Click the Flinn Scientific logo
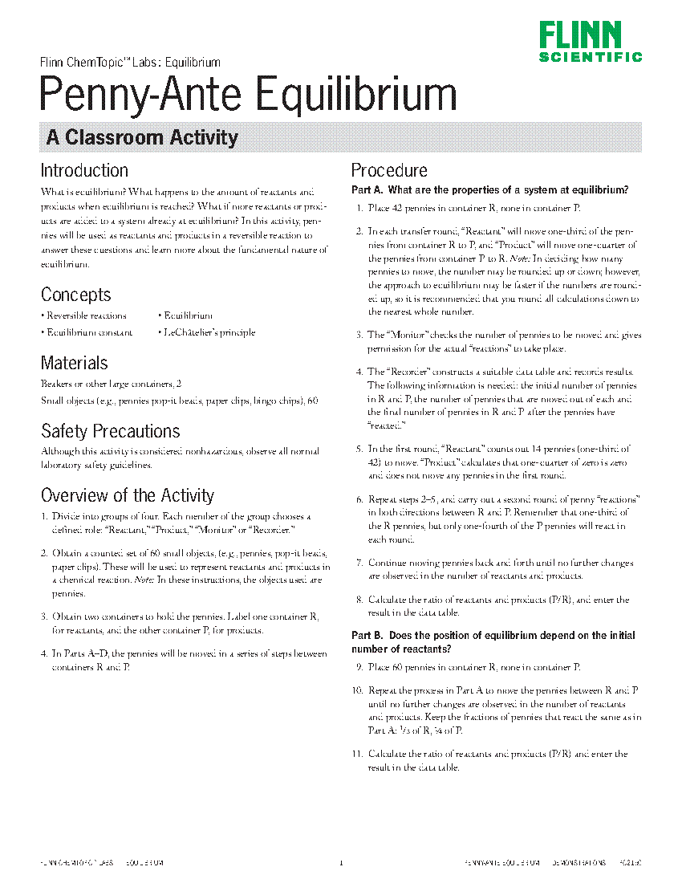pyautogui.click(x=590, y=42)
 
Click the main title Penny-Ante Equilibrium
pyautogui.click(x=249, y=95)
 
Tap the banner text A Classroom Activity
pyautogui.click(x=142, y=137)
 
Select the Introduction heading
pyautogui.click(x=84, y=170)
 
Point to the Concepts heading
pyautogui.click(x=75, y=295)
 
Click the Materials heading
pyautogui.click(x=74, y=363)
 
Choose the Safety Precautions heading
pyautogui.click(x=110, y=431)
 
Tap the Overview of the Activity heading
pyautogui.click(x=127, y=494)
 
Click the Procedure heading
pyautogui.click(x=389, y=170)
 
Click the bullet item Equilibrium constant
pyautogui.click(x=89, y=332)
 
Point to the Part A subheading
pyautogui.click(x=489, y=190)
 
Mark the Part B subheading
pyautogui.click(x=493, y=641)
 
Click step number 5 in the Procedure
pyautogui.click(x=359, y=450)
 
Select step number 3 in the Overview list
pyautogui.click(x=44, y=617)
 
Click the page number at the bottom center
pyautogui.click(x=341, y=864)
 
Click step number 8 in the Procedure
pyautogui.click(x=359, y=600)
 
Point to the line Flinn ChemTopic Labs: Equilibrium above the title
pyautogui.click(x=130, y=62)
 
